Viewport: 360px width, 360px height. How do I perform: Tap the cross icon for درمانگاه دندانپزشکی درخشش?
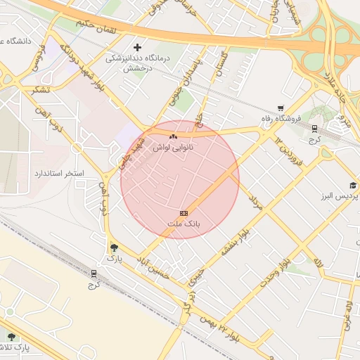tap(137, 47)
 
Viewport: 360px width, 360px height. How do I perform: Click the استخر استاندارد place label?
tap(59, 173)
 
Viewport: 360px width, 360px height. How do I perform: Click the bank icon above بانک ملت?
tap(184, 212)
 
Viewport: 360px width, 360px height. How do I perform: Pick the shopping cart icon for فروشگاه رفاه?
tap(281, 108)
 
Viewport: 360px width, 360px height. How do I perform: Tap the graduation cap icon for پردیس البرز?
tap(353, 185)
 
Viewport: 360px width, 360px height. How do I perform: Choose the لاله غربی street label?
tap(347, 314)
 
